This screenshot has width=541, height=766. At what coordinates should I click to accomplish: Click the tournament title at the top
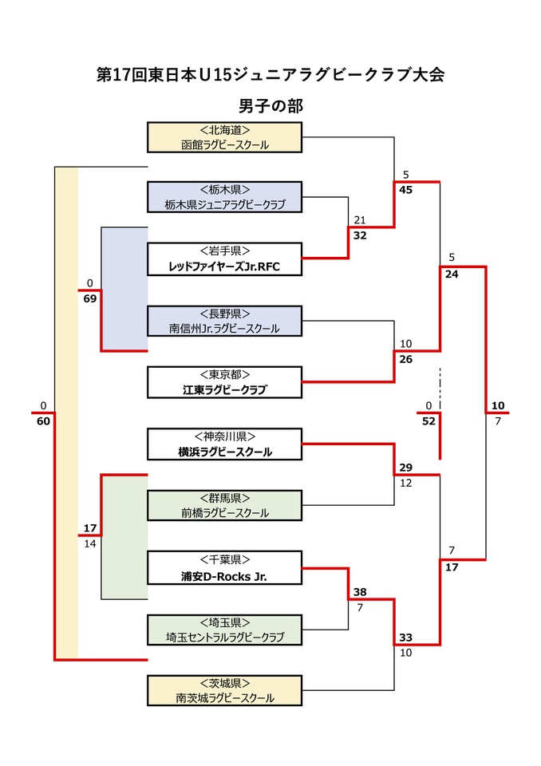pyautogui.click(x=270, y=75)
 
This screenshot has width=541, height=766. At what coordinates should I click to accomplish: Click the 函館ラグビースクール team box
pyautogui.click(x=225, y=137)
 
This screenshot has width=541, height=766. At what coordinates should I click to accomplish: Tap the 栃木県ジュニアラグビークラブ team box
pyautogui.click(x=225, y=197)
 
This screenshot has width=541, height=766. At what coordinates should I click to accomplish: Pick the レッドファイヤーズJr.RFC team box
pyautogui.click(x=225, y=259)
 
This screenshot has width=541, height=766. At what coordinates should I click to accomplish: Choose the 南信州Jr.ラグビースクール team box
pyautogui.click(x=225, y=321)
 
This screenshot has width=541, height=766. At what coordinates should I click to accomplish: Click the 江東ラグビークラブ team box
pyautogui.click(x=225, y=382)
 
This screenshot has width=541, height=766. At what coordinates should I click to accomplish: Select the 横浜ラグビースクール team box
pyautogui.click(x=225, y=444)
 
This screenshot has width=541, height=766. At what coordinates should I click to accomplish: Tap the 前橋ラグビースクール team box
pyautogui.click(x=225, y=505)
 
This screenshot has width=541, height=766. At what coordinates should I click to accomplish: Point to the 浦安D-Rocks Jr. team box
pyautogui.click(x=225, y=567)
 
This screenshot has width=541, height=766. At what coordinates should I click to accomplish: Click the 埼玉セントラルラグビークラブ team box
pyautogui.click(x=225, y=630)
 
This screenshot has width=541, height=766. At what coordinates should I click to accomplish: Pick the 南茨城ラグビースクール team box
pyautogui.click(x=225, y=690)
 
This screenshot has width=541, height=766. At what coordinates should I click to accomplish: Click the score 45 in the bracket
pyautogui.click(x=406, y=190)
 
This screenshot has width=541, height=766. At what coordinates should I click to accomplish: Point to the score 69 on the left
pyautogui.click(x=89, y=298)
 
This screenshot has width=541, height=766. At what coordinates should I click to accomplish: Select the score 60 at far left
pyautogui.click(x=43, y=421)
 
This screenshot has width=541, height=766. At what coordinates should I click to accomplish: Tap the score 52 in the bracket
pyautogui.click(x=428, y=421)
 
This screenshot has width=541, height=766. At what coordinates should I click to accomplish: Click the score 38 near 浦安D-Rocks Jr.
pyautogui.click(x=360, y=592)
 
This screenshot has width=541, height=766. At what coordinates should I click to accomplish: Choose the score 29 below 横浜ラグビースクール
pyautogui.click(x=406, y=467)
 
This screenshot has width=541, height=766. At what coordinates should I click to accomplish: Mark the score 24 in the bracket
pyautogui.click(x=452, y=274)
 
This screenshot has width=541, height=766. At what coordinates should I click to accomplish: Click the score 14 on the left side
pyautogui.click(x=89, y=543)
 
